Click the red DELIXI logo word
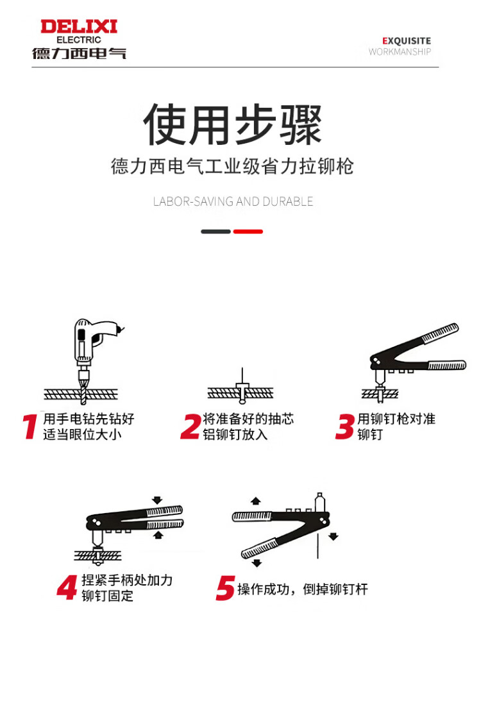click(x=79, y=26)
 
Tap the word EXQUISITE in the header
click(x=407, y=40)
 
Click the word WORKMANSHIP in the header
click(x=400, y=52)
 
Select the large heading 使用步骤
click(x=233, y=124)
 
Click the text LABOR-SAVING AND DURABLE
click(x=233, y=201)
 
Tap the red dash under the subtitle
click(x=248, y=232)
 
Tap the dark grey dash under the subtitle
click(x=216, y=232)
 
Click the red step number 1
click(x=30, y=426)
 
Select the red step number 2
click(x=190, y=426)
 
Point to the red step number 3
click(x=345, y=426)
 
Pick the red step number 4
click(x=67, y=587)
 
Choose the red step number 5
click(x=225, y=588)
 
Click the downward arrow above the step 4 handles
click(x=157, y=500)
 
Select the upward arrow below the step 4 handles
click(x=158, y=535)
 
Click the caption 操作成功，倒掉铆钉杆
click(x=302, y=589)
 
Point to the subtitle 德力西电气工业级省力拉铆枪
click(x=232, y=166)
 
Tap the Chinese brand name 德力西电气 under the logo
click(x=79, y=53)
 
